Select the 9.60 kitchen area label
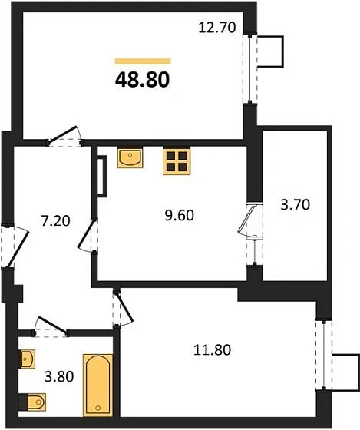pyautogui.click(x=179, y=215)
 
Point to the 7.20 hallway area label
pyautogui.click(x=55, y=222)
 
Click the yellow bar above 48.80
pyautogui.click(x=142, y=60)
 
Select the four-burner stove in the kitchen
pyautogui.click(x=176, y=160)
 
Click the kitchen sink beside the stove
pyautogui.click(x=130, y=157)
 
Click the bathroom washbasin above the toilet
pyautogui.click(x=28, y=359)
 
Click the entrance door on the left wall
pyautogui.click(x=8, y=245)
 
